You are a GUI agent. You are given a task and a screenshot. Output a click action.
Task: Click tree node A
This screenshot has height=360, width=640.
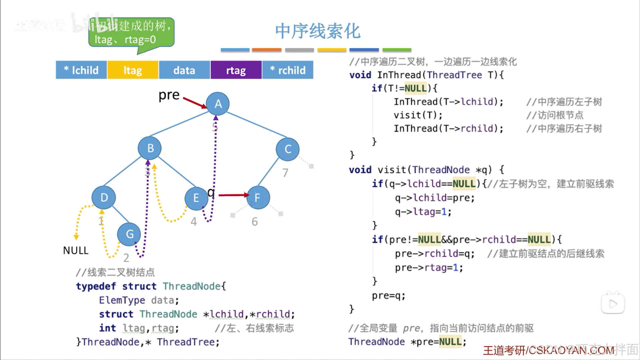pyautogui.click(x=218, y=104)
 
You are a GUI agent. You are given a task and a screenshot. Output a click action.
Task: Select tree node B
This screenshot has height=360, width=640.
pyautogui.click(x=150, y=148)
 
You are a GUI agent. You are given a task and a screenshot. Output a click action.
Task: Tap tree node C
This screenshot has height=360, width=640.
pyautogui.click(x=287, y=149)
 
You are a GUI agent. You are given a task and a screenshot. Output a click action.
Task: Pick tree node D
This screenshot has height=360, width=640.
pyautogui.click(x=104, y=198)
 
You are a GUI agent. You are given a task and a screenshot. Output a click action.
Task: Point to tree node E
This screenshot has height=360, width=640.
pyautogui.click(x=196, y=198)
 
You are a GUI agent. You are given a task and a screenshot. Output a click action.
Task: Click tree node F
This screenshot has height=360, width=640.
pyautogui.click(x=258, y=198)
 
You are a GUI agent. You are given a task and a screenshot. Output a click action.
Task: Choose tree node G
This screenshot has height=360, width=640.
pyautogui.click(x=129, y=234)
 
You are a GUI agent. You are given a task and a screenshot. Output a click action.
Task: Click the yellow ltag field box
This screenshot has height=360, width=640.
pyautogui.click(x=133, y=70)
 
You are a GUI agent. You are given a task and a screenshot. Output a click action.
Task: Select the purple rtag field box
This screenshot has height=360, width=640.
pyautogui.click(x=236, y=70)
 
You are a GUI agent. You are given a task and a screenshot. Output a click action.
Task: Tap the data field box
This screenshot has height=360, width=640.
pyautogui.click(x=184, y=70)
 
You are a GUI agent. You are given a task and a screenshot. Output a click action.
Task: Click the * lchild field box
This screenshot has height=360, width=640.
pyautogui.click(x=81, y=70)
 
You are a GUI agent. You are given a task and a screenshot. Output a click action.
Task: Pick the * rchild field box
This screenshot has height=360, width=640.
pyautogui.click(x=288, y=70)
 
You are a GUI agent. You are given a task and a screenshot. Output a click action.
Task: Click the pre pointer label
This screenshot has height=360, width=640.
pyautogui.click(x=169, y=95)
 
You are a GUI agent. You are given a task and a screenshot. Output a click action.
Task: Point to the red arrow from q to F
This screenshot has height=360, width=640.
pyautogui.click(x=233, y=195)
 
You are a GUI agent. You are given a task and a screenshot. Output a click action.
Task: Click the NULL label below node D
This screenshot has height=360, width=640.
pyautogui.click(x=76, y=250)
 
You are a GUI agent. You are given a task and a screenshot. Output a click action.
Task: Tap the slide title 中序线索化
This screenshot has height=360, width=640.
pyautogui.click(x=318, y=31)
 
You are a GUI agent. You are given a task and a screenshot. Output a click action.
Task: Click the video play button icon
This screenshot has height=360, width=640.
pyautogui.click(x=613, y=303)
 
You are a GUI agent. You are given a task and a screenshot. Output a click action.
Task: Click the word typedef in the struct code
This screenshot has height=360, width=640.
pyautogui.click(x=96, y=286)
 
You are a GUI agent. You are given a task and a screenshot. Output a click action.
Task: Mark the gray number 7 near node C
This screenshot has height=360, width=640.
pyautogui.click(x=285, y=173)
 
